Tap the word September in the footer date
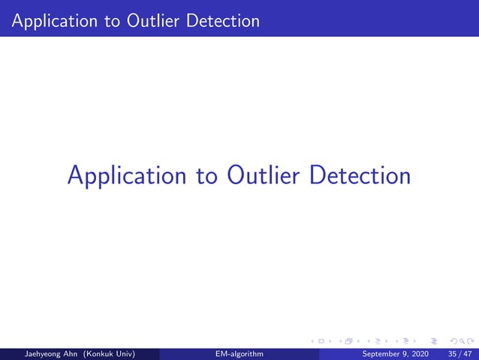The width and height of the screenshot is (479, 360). [381, 354]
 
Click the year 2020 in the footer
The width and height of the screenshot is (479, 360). [423, 354]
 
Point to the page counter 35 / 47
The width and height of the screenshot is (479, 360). [457, 354]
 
